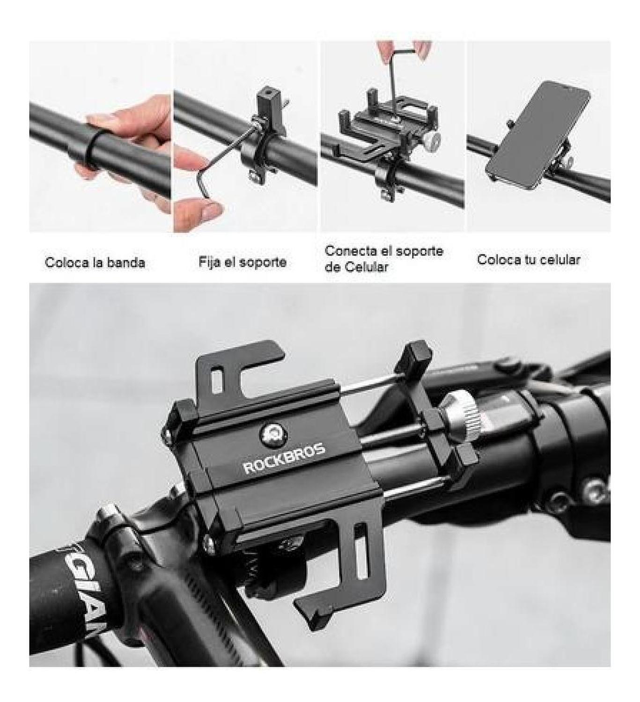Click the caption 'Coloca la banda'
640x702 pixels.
(x=95, y=263)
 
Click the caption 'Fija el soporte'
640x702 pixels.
(x=243, y=262)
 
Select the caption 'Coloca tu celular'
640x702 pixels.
(x=529, y=260)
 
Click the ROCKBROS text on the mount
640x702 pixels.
(x=284, y=459)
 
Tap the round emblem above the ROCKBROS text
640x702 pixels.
(x=272, y=433)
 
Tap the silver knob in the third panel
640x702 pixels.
(x=433, y=138)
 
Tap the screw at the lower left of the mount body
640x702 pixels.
(x=209, y=542)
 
